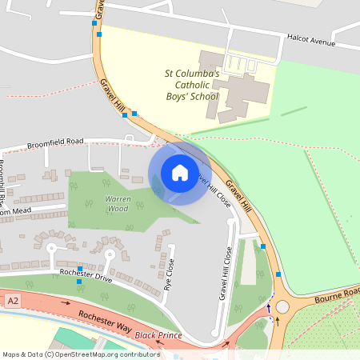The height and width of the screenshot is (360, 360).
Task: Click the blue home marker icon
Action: (x=179, y=172)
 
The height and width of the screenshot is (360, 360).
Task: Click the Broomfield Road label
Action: (x=55, y=144)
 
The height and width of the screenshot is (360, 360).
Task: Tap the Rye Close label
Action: (x=169, y=274)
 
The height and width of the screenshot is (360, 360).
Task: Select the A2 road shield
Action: (x=12, y=300)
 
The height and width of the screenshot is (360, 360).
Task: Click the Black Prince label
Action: (x=159, y=334)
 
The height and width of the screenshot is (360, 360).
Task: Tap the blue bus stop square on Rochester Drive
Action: (x=79, y=269)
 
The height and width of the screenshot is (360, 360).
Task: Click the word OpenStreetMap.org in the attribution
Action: (x=96, y=354)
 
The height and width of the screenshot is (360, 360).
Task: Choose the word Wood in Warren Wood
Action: (x=118, y=208)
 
